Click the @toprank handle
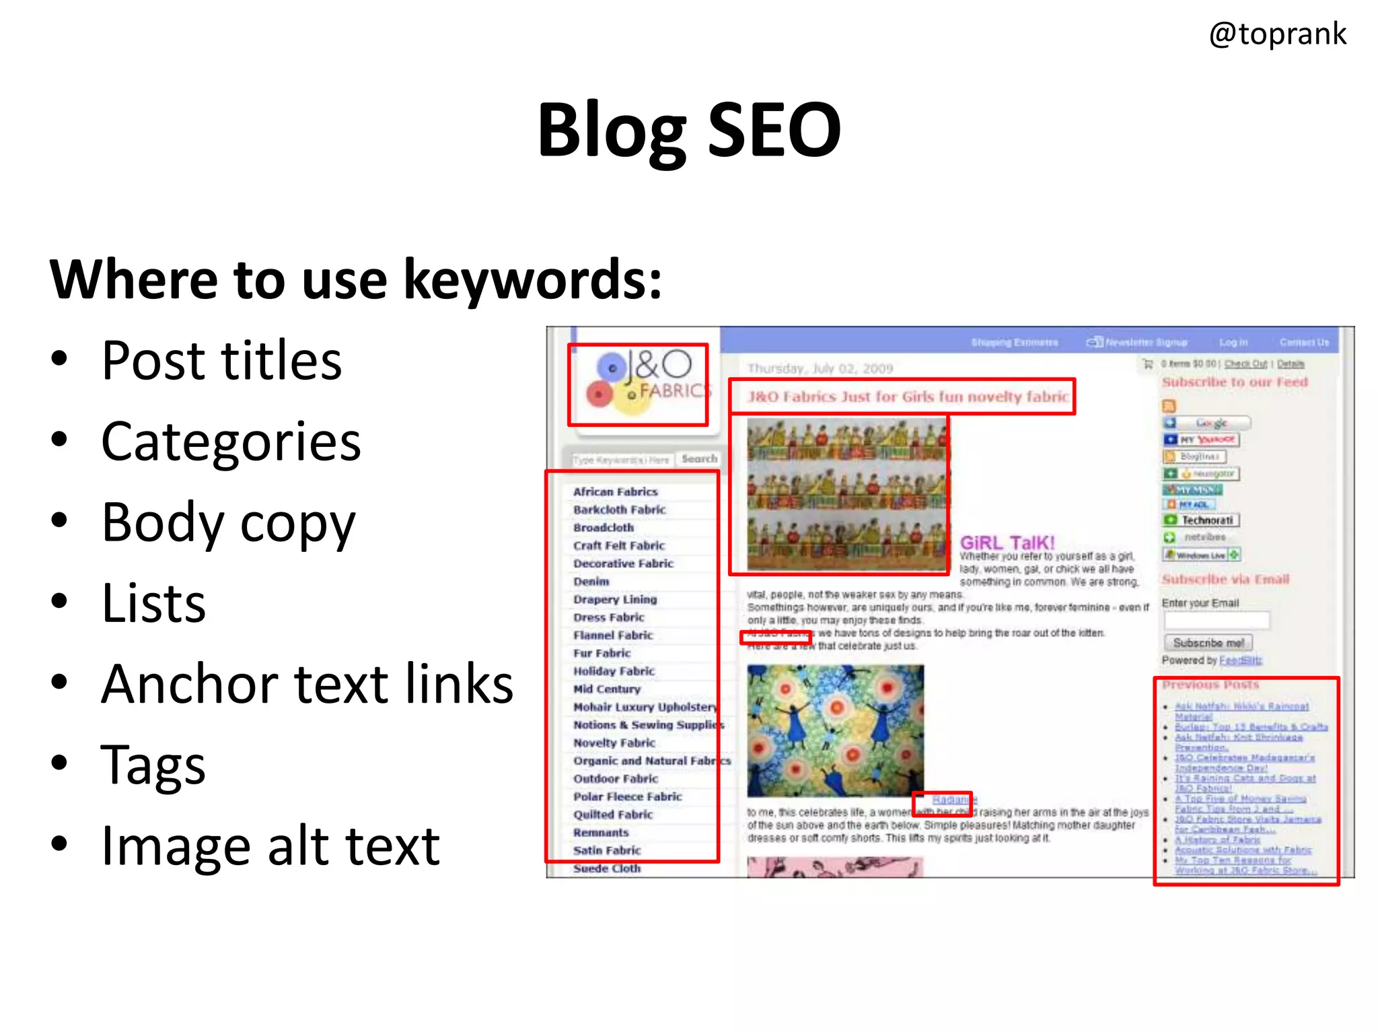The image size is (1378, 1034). pyautogui.click(x=1277, y=34)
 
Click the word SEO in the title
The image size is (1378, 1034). pyautogui.click(x=774, y=129)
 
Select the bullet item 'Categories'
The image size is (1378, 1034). pyautogui.click(x=231, y=442)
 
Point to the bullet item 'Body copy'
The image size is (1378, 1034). pyautogui.click(x=228, y=523)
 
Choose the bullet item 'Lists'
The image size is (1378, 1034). pyautogui.click(x=153, y=603)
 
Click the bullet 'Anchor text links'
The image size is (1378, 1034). pyautogui.click(x=307, y=684)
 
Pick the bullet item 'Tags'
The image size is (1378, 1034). pyautogui.click(x=153, y=765)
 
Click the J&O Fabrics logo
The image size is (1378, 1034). pyautogui.click(x=638, y=384)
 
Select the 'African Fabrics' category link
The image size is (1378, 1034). pyautogui.click(x=615, y=492)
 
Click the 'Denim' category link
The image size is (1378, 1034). pyautogui.click(x=591, y=582)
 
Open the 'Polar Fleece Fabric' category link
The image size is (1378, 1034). pyautogui.click(x=627, y=796)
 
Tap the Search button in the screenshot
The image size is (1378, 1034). pyautogui.click(x=699, y=458)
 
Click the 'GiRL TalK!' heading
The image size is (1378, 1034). pyautogui.click(x=1007, y=543)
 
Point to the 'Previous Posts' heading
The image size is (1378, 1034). pyautogui.click(x=1210, y=685)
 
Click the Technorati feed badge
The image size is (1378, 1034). pyautogui.click(x=1201, y=520)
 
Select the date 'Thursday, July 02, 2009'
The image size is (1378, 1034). pyautogui.click(x=820, y=369)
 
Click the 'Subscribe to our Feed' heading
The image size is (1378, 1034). pyautogui.click(x=1235, y=382)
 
